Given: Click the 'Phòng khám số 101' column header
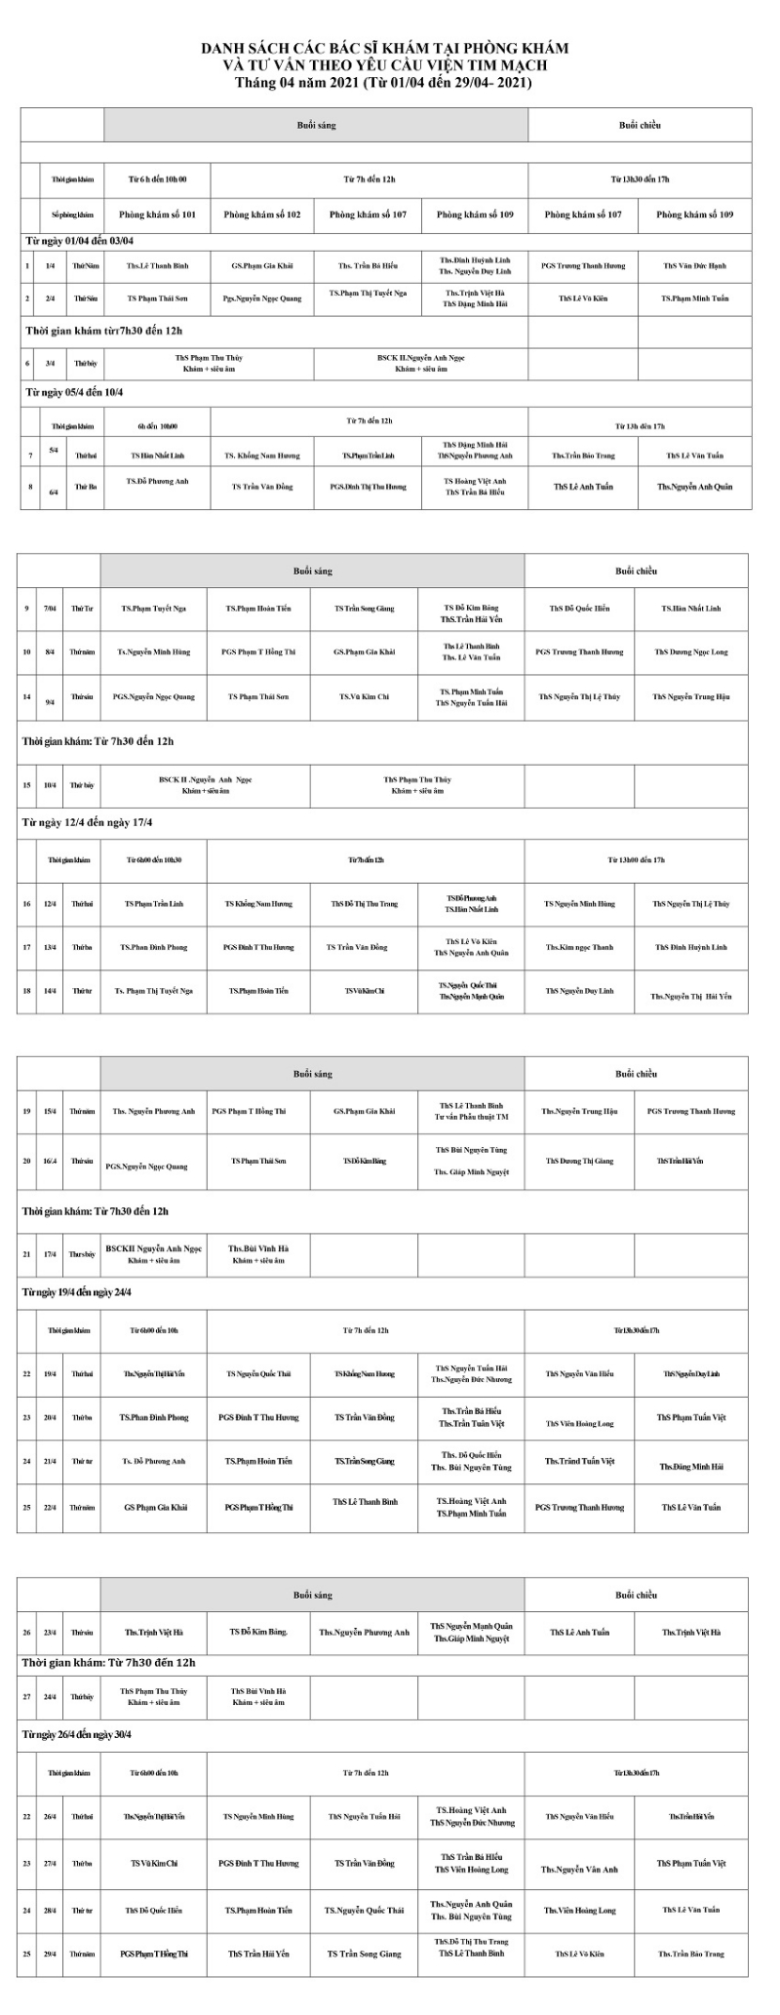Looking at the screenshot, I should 157,215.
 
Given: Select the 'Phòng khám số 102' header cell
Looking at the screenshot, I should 262,215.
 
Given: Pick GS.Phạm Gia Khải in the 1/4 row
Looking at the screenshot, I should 262,265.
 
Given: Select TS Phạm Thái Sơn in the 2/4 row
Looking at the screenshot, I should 157,298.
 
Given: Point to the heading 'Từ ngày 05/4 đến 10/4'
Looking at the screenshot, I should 75,392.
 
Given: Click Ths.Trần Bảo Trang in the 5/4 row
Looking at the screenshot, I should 583,455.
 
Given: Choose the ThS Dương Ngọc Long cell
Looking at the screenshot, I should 691,652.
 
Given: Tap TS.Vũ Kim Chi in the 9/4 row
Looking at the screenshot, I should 365,696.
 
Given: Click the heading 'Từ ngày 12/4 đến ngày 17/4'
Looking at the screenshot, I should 88,822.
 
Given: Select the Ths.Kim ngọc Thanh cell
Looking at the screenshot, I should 579,947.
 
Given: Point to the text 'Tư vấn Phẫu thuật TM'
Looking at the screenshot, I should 471,1117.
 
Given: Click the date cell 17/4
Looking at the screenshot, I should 49,1254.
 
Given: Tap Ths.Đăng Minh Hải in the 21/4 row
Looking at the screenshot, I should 691,1466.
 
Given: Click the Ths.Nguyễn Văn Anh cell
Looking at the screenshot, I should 579,1870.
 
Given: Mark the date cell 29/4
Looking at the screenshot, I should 49,1954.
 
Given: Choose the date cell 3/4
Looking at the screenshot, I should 50,363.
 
